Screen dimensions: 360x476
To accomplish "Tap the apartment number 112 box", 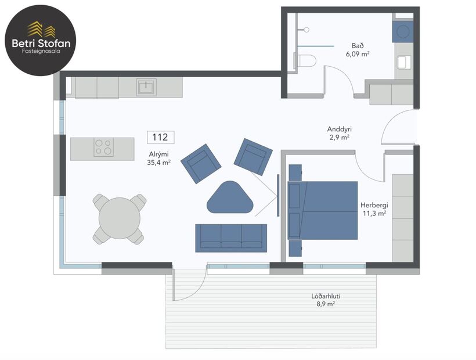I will pyautogui.click(x=160, y=138).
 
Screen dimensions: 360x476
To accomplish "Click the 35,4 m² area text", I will pyautogui.click(x=159, y=163).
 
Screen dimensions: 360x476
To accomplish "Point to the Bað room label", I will pyautogui.click(x=358, y=45).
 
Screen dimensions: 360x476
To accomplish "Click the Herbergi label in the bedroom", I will pyautogui.click(x=374, y=206).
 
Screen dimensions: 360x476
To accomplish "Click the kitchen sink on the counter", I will pyautogui.click(x=146, y=88).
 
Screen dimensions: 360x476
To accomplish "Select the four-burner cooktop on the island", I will pyautogui.click(x=104, y=147).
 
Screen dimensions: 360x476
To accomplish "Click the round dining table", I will pyautogui.click(x=119, y=218).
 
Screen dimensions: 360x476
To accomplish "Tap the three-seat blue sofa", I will pyautogui.click(x=231, y=237).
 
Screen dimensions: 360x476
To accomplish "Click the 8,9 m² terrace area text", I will pyautogui.click(x=326, y=304).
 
